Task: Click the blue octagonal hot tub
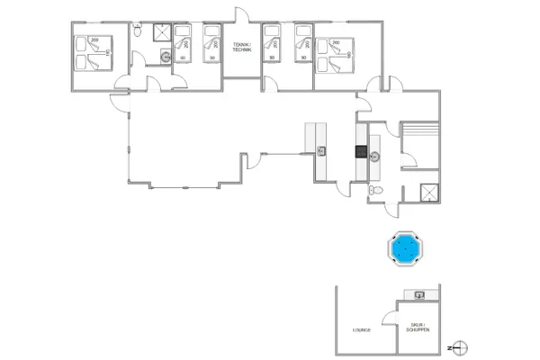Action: coord(405,248)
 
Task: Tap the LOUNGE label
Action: coord(361,330)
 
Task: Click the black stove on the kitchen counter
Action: coord(361,152)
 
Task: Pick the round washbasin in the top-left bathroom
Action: coord(166,55)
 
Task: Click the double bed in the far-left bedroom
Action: coord(94,51)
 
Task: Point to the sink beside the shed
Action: coord(419,294)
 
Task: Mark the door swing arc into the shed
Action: coord(389,315)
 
